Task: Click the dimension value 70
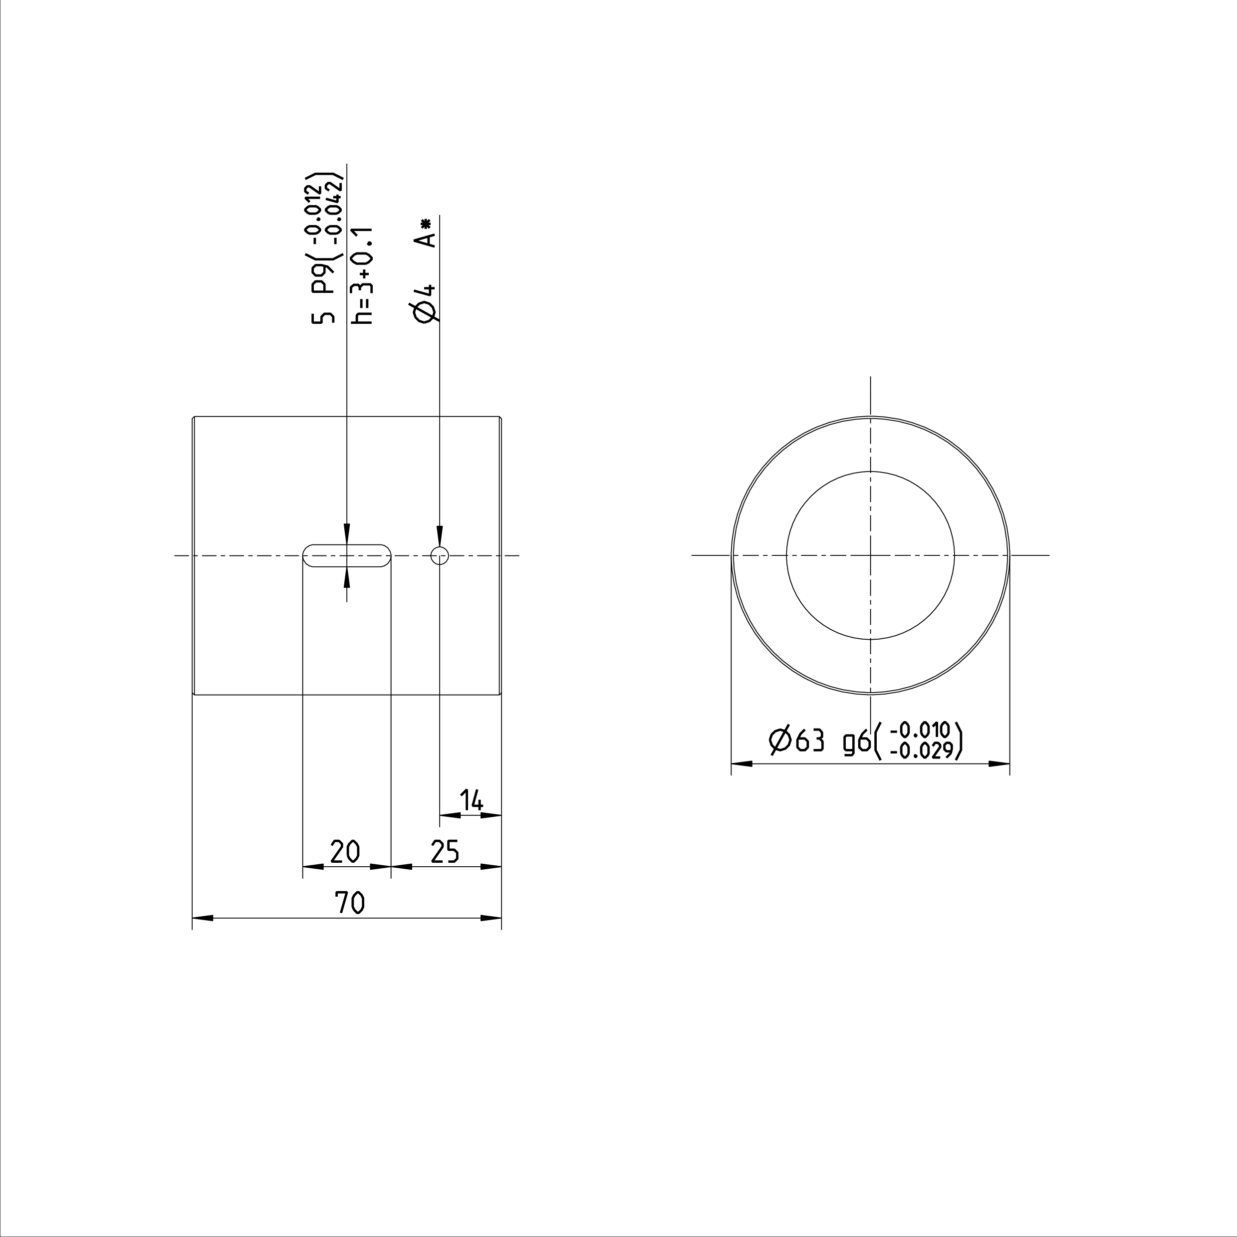pos(350,903)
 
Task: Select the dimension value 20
pos(345,852)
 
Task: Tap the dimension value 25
pos(445,852)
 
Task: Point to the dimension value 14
pos(472,800)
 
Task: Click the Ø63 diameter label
pos(796,741)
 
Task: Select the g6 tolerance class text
pos(857,742)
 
